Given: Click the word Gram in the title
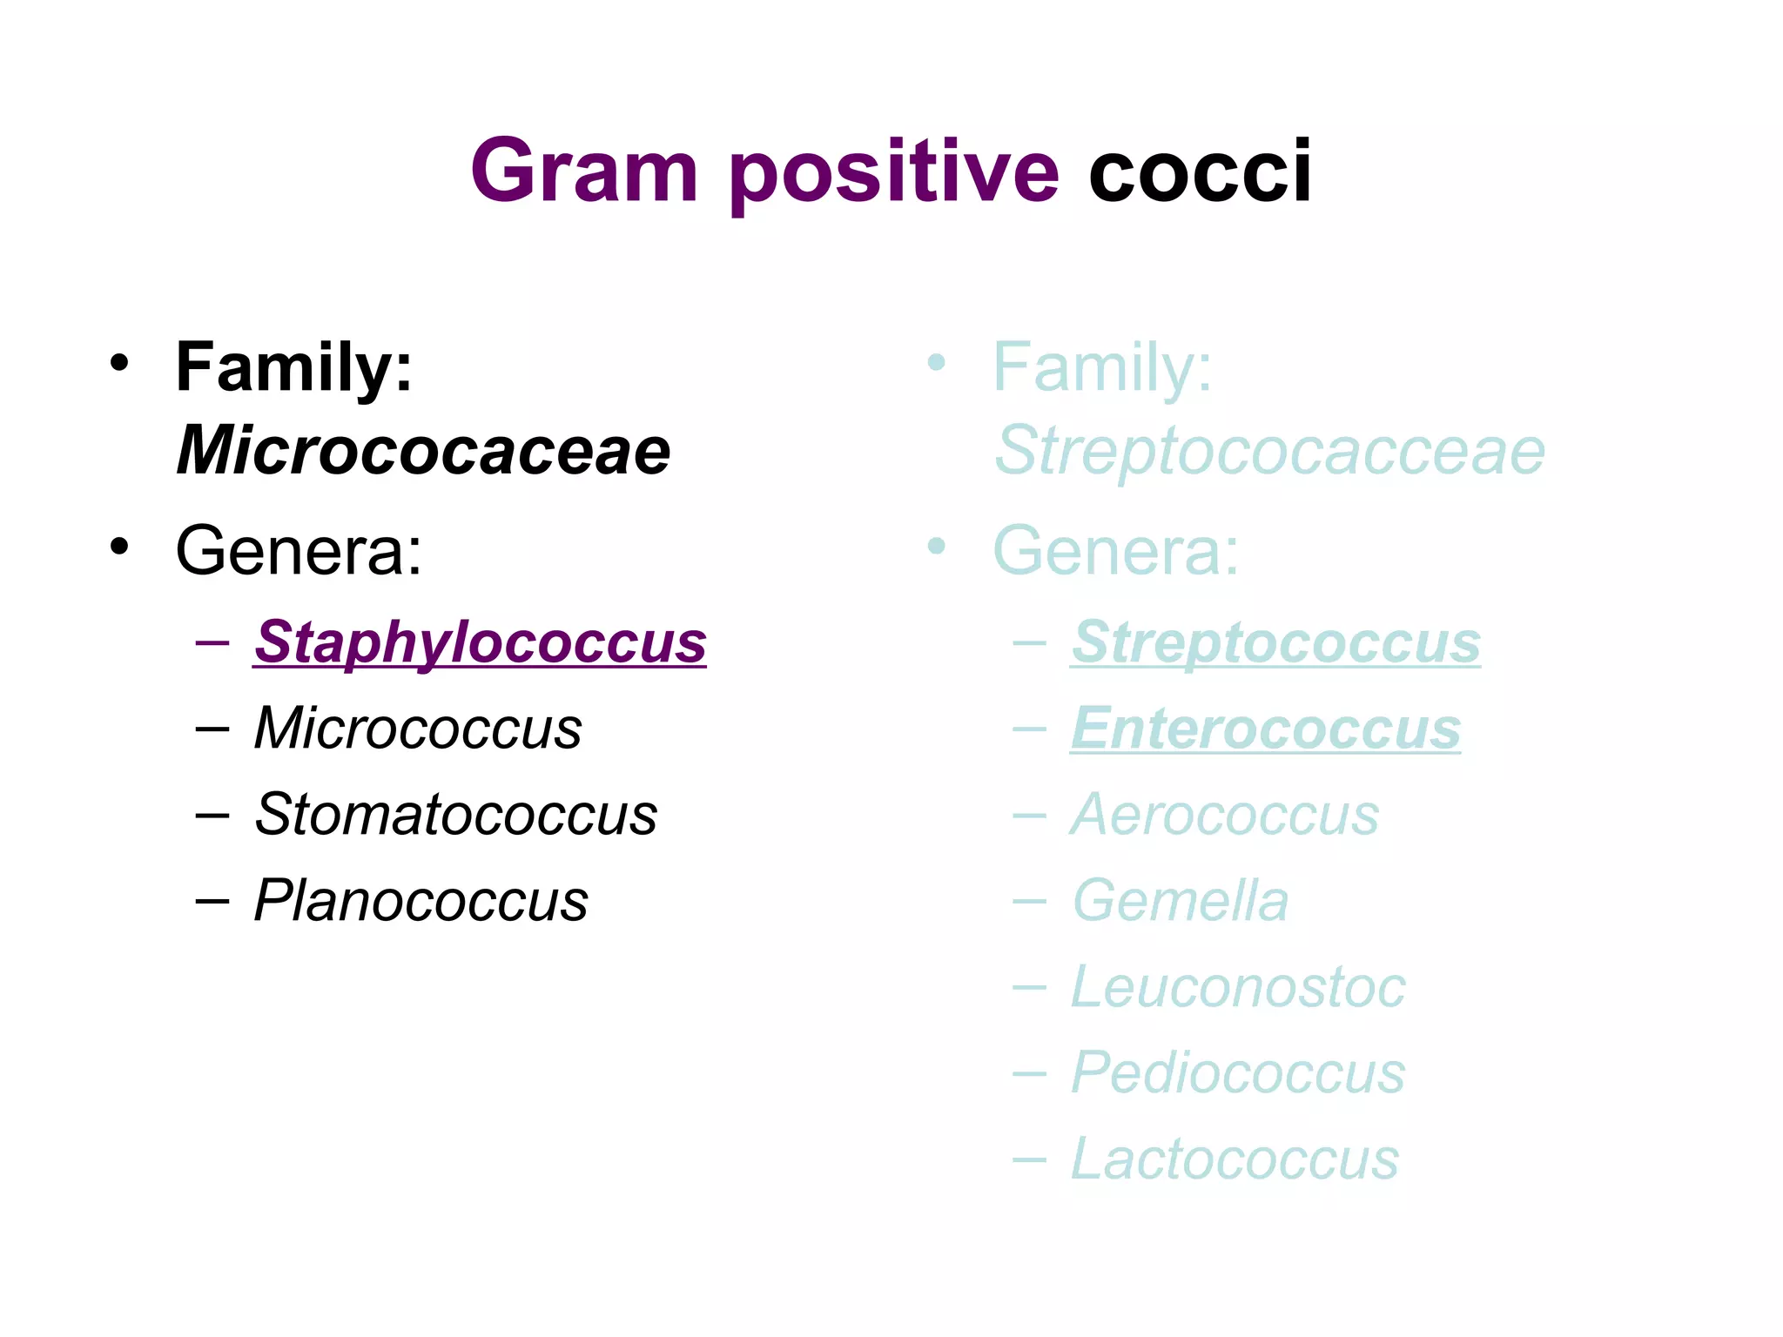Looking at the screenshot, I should tap(583, 171).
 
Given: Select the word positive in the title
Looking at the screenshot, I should tap(894, 173).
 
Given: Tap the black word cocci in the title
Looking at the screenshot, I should tap(1199, 171).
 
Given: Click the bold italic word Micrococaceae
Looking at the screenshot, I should tap(423, 451).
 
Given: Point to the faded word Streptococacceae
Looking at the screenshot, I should tap(1269, 451).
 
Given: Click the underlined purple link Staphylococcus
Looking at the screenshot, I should tap(480, 642).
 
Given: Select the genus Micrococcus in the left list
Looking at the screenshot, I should tap(418, 728).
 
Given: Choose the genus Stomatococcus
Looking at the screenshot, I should tap(455, 815).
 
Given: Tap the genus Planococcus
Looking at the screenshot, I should tap(421, 900).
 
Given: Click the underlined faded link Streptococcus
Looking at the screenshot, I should tap(1275, 642).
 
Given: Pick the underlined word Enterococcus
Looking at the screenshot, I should tap(1265, 728).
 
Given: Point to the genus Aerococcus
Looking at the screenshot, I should tap(1225, 815).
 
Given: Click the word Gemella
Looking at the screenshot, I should tap(1180, 900).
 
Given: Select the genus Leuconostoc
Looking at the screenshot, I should tap(1237, 987).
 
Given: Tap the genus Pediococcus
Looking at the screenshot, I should tap(1237, 1072).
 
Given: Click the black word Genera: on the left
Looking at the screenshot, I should tap(299, 550).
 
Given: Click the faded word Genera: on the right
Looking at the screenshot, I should tap(1115, 550).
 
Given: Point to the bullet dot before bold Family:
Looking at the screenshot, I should tap(119, 363).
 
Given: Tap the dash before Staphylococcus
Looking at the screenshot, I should tap(212, 643).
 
